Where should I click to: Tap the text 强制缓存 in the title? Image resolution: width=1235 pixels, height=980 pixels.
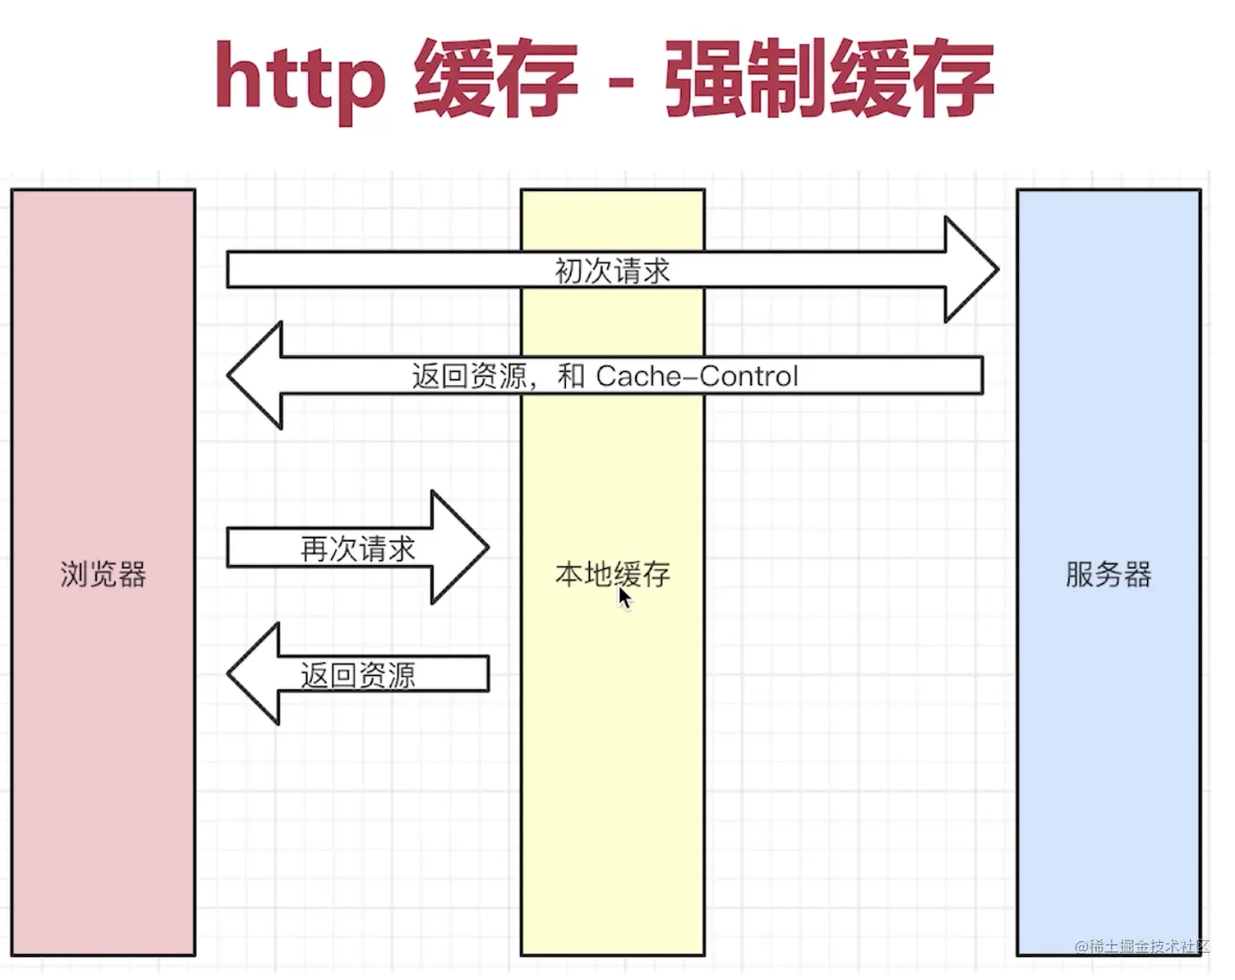[829, 79]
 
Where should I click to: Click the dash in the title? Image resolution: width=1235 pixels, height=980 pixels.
[621, 82]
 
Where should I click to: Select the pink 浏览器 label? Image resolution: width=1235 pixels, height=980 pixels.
[103, 574]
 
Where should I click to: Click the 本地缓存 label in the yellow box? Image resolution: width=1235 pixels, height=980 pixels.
[612, 574]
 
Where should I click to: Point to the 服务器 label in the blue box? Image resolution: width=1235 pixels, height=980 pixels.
[1108, 574]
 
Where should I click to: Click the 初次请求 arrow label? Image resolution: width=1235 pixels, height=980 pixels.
[612, 271]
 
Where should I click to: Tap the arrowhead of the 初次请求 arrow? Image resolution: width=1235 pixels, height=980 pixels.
[971, 269]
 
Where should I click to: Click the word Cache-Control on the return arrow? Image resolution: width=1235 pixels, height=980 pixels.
[697, 376]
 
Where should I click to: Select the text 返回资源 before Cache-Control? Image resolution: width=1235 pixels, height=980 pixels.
[469, 376]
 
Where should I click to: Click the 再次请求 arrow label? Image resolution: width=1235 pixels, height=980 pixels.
[357, 549]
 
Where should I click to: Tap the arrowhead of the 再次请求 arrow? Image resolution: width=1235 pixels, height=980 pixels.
[460, 547]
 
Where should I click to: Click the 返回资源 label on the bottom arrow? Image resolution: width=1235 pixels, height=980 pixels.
[357, 675]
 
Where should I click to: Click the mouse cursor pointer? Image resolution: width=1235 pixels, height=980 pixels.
[624, 598]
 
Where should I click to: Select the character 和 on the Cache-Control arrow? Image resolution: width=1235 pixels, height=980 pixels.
[571, 376]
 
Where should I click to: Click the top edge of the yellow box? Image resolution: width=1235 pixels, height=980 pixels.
[612, 190]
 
